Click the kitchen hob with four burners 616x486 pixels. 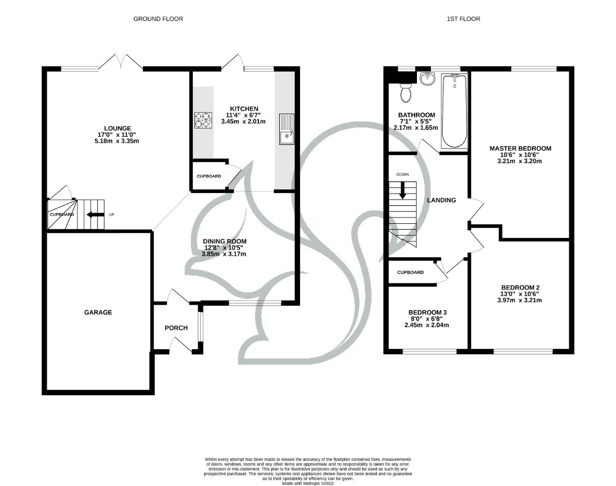pos(203,120)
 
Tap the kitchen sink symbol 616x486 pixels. pos(286,130)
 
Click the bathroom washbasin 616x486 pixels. pos(427,79)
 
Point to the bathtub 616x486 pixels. pos(454,111)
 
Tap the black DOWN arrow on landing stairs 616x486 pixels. pos(403,190)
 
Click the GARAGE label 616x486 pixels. pos(98,312)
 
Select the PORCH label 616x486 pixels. pos(176,328)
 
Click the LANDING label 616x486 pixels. pos(441,200)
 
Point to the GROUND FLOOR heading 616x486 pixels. pos(158,19)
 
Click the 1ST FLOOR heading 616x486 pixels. pos(463,19)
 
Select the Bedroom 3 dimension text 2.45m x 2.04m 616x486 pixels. pos(427,325)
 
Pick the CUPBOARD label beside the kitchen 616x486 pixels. pos(209,176)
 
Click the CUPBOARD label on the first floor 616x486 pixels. pos(411,272)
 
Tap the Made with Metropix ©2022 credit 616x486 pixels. pos(308,484)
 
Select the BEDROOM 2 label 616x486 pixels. pos(520,288)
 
